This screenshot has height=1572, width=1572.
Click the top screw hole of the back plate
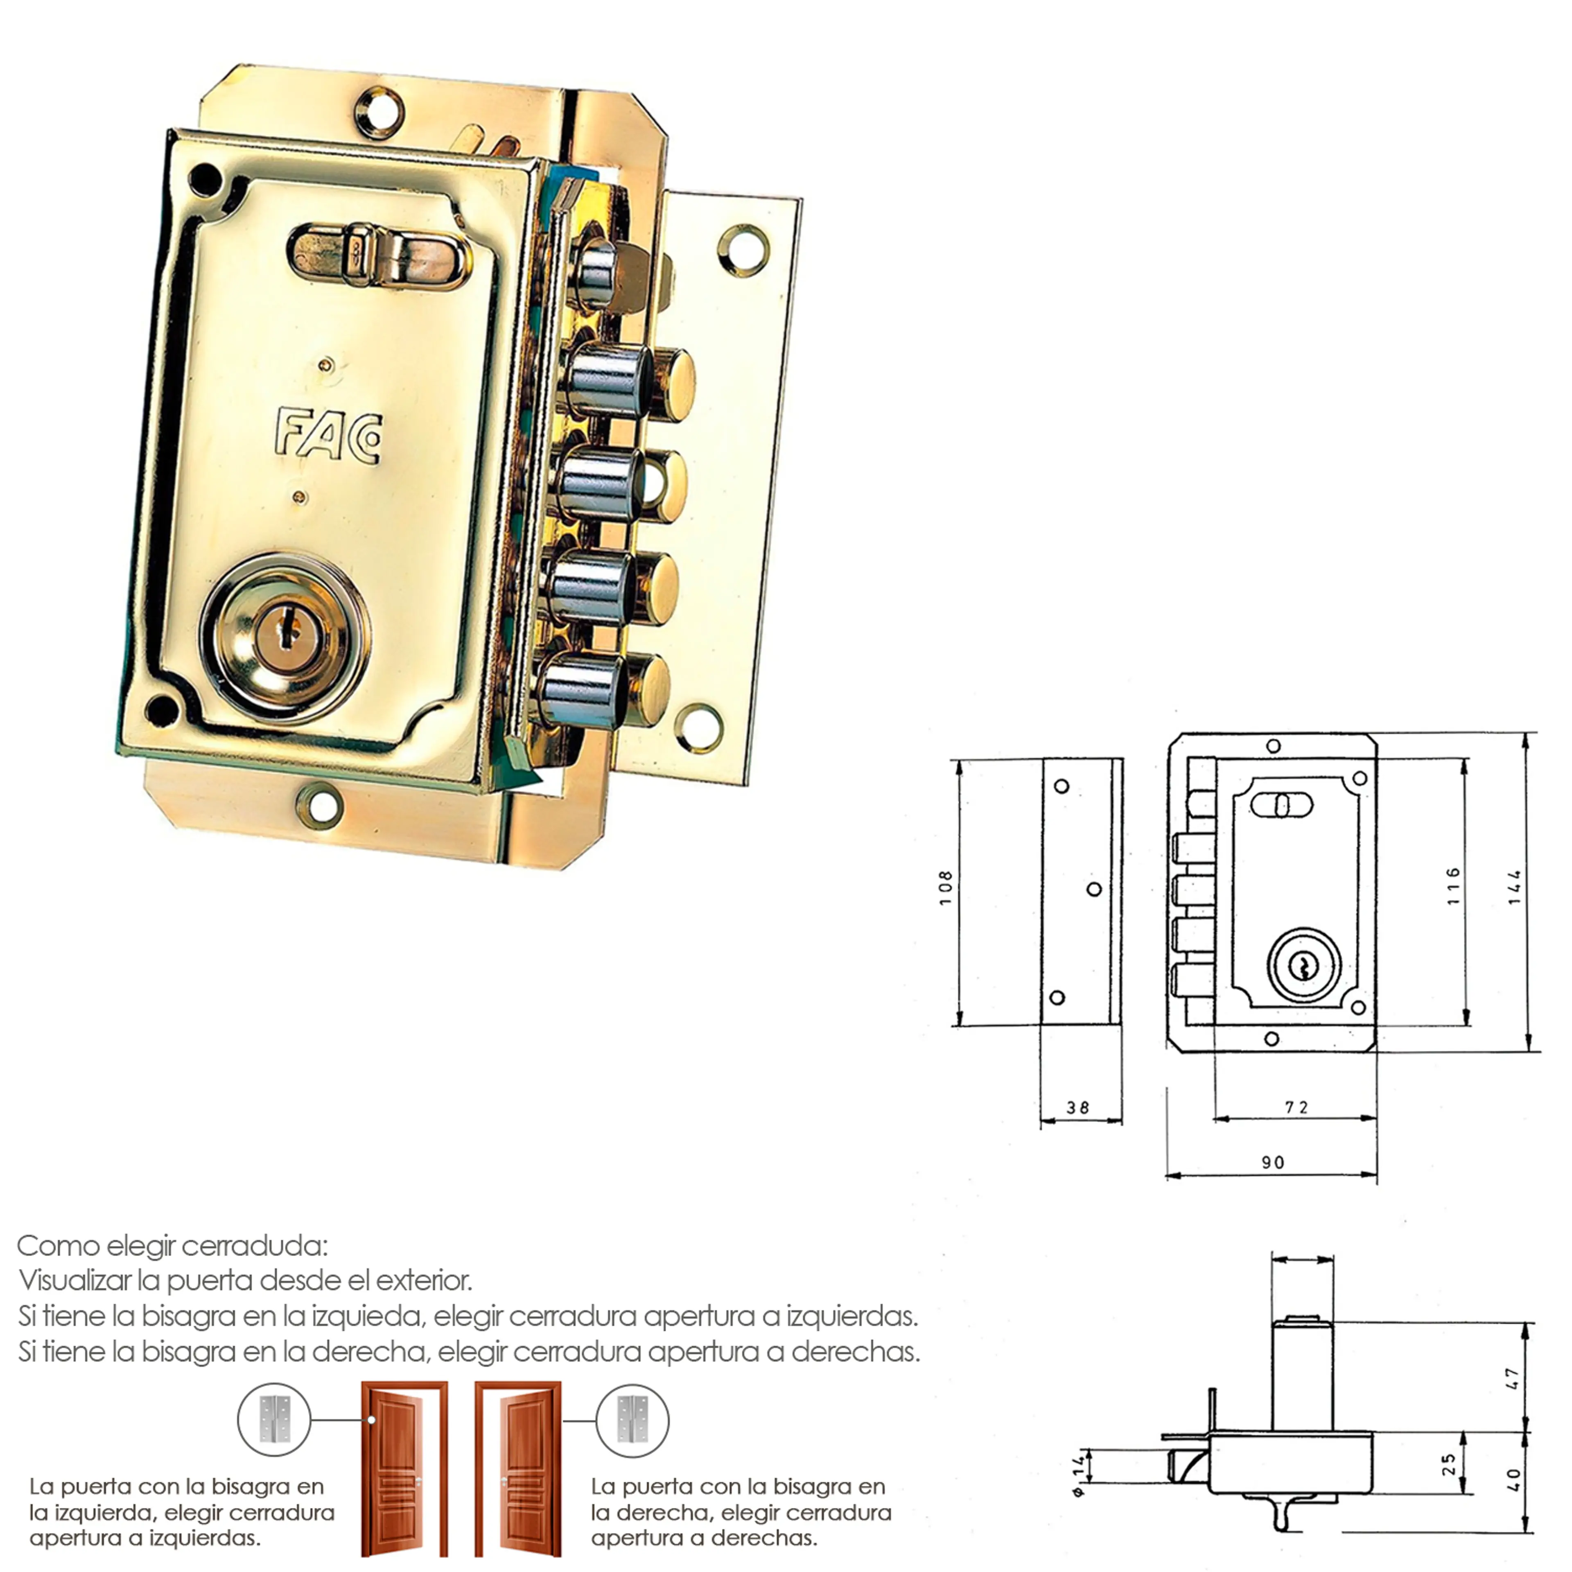[379, 110]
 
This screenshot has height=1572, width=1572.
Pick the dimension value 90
[1274, 1163]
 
